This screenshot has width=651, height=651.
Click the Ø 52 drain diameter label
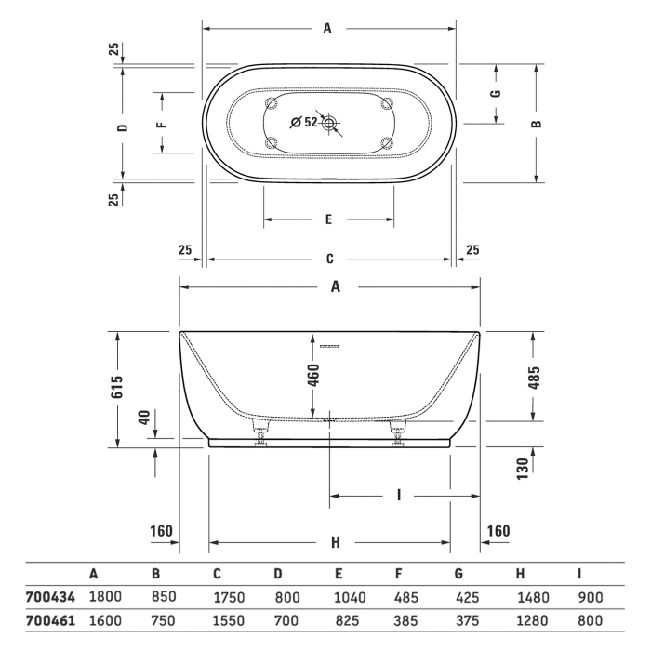coord(304,122)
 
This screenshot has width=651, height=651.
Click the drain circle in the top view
coord(330,122)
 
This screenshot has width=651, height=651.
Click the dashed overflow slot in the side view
coord(330,346)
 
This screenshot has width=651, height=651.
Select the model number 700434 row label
coord(43,596)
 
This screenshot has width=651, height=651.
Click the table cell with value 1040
coord(351,596)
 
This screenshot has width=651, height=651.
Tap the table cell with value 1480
coord(534,596)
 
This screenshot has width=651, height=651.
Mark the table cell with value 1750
coord(228,596)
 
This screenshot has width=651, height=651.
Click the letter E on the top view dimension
coord(328,220)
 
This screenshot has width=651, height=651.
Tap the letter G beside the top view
coord(496,93)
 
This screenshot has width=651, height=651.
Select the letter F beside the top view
coord(161,123)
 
